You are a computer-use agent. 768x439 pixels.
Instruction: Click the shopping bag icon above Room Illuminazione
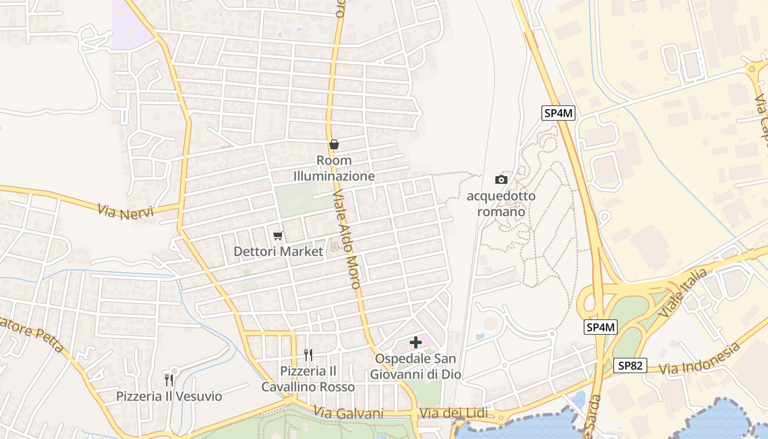tap(334, 144)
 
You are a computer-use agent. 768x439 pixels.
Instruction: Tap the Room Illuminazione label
tap(334, 168)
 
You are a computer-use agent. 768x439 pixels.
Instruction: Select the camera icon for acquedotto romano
tap(501, 179)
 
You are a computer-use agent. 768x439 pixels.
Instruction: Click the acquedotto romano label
tap(501, 204)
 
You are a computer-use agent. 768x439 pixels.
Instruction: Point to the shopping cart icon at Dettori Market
tap(278, 236)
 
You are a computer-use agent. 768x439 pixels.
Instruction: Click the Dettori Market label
tap(278, 252)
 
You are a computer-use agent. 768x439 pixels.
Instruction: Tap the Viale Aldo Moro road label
tap(347, 239)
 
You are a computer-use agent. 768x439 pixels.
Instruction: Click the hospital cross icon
tap(416, 342)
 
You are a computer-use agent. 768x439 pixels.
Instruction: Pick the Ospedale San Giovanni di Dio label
tap(416, 367)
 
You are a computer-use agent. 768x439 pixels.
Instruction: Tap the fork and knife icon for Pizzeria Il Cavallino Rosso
tap(308, 355)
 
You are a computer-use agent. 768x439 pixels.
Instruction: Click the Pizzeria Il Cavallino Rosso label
tap(308, 379)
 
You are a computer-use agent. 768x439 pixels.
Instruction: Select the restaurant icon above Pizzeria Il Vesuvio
tap(169, 380)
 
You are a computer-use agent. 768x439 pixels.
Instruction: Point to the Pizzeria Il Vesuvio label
tap(169, 396)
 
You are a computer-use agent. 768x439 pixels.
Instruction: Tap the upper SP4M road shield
tap(558, 113)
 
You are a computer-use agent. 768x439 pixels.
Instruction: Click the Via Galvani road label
tap(349, 413)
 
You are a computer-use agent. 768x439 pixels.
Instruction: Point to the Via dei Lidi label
tap(453, 413)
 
